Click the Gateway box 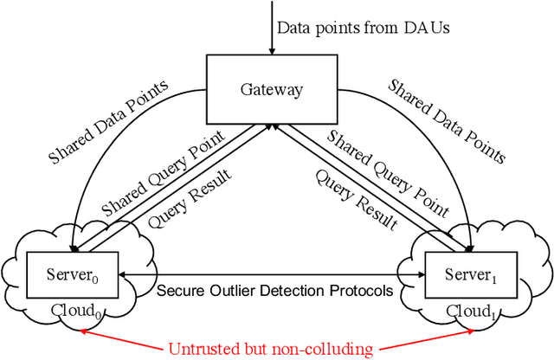(267, 87)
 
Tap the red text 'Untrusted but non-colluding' (271, 349)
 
